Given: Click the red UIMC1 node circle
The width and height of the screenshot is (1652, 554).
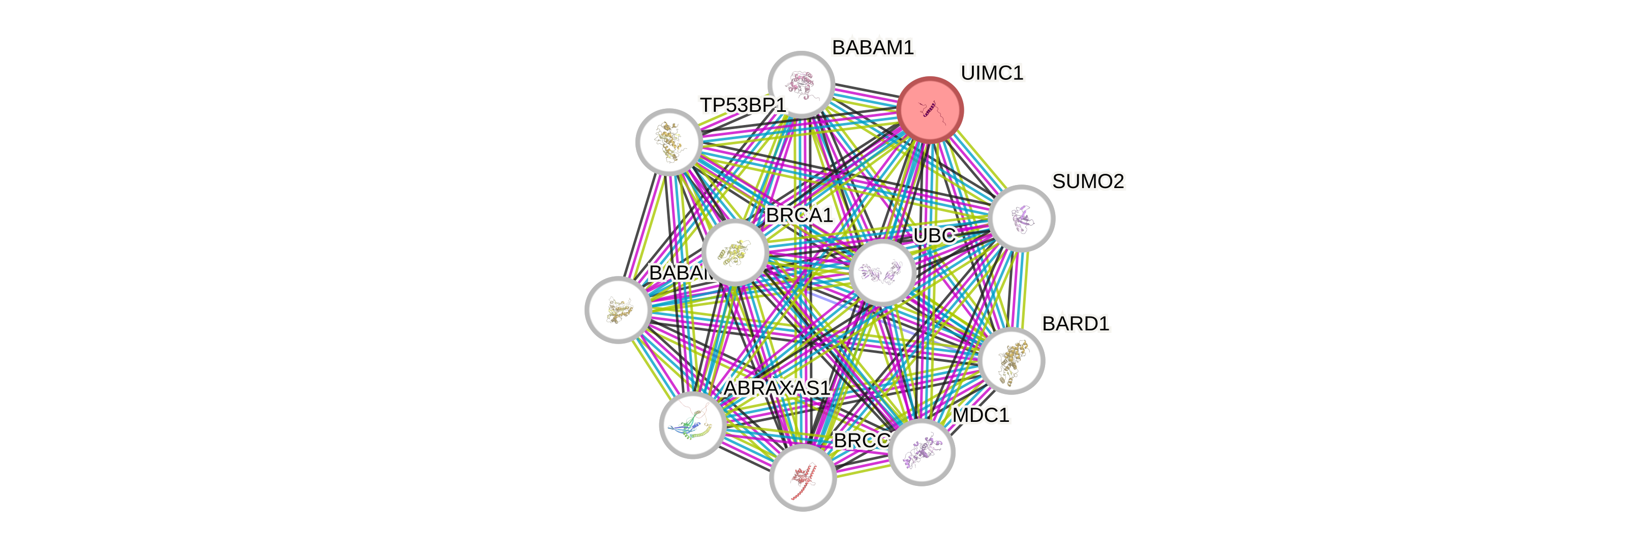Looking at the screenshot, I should coord(930,110).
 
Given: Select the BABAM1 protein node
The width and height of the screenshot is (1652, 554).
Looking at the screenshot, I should coord(801,84).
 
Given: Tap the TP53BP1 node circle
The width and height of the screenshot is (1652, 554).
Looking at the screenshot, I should coord(669,142).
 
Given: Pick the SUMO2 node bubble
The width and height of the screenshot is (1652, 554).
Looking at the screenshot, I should coord(1022,218).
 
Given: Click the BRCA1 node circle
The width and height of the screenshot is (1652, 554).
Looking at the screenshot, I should coord(735,252).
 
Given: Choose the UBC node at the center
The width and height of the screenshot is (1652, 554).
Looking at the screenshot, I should coord(882,272).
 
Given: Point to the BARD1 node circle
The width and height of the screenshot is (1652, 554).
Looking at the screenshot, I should coord(1012,360).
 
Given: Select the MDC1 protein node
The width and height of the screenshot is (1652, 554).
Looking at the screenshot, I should coord(922,452).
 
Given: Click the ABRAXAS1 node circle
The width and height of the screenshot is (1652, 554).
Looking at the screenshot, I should coord(693,424).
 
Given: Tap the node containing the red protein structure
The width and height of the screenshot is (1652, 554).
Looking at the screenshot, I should coord(802,478).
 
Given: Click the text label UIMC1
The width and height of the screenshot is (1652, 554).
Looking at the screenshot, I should coord(992,73).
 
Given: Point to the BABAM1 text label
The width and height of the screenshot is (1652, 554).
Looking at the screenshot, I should coord(872,47).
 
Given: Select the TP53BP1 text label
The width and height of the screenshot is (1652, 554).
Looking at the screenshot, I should coord(742,105).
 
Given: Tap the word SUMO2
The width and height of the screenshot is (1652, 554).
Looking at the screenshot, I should coord(1088,181).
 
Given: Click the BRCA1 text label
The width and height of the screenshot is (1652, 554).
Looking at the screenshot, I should coord(799,216).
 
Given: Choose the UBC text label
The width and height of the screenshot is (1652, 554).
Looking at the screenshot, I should coord(934,236).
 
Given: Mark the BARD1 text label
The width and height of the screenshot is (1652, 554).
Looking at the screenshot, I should coord(1075,324).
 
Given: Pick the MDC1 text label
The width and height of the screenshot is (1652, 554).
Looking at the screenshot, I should coord(981,416).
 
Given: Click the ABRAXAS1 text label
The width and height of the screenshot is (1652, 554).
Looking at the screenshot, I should coord(777,388).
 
